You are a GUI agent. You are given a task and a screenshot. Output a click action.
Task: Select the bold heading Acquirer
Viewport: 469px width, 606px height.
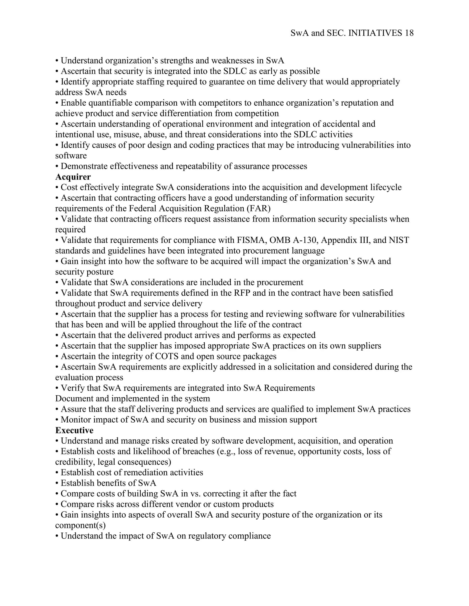pos(73,177)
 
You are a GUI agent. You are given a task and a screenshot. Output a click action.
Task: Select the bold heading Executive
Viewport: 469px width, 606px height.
pos(74,430)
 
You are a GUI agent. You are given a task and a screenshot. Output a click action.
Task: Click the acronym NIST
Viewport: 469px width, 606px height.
pos(399,240)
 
